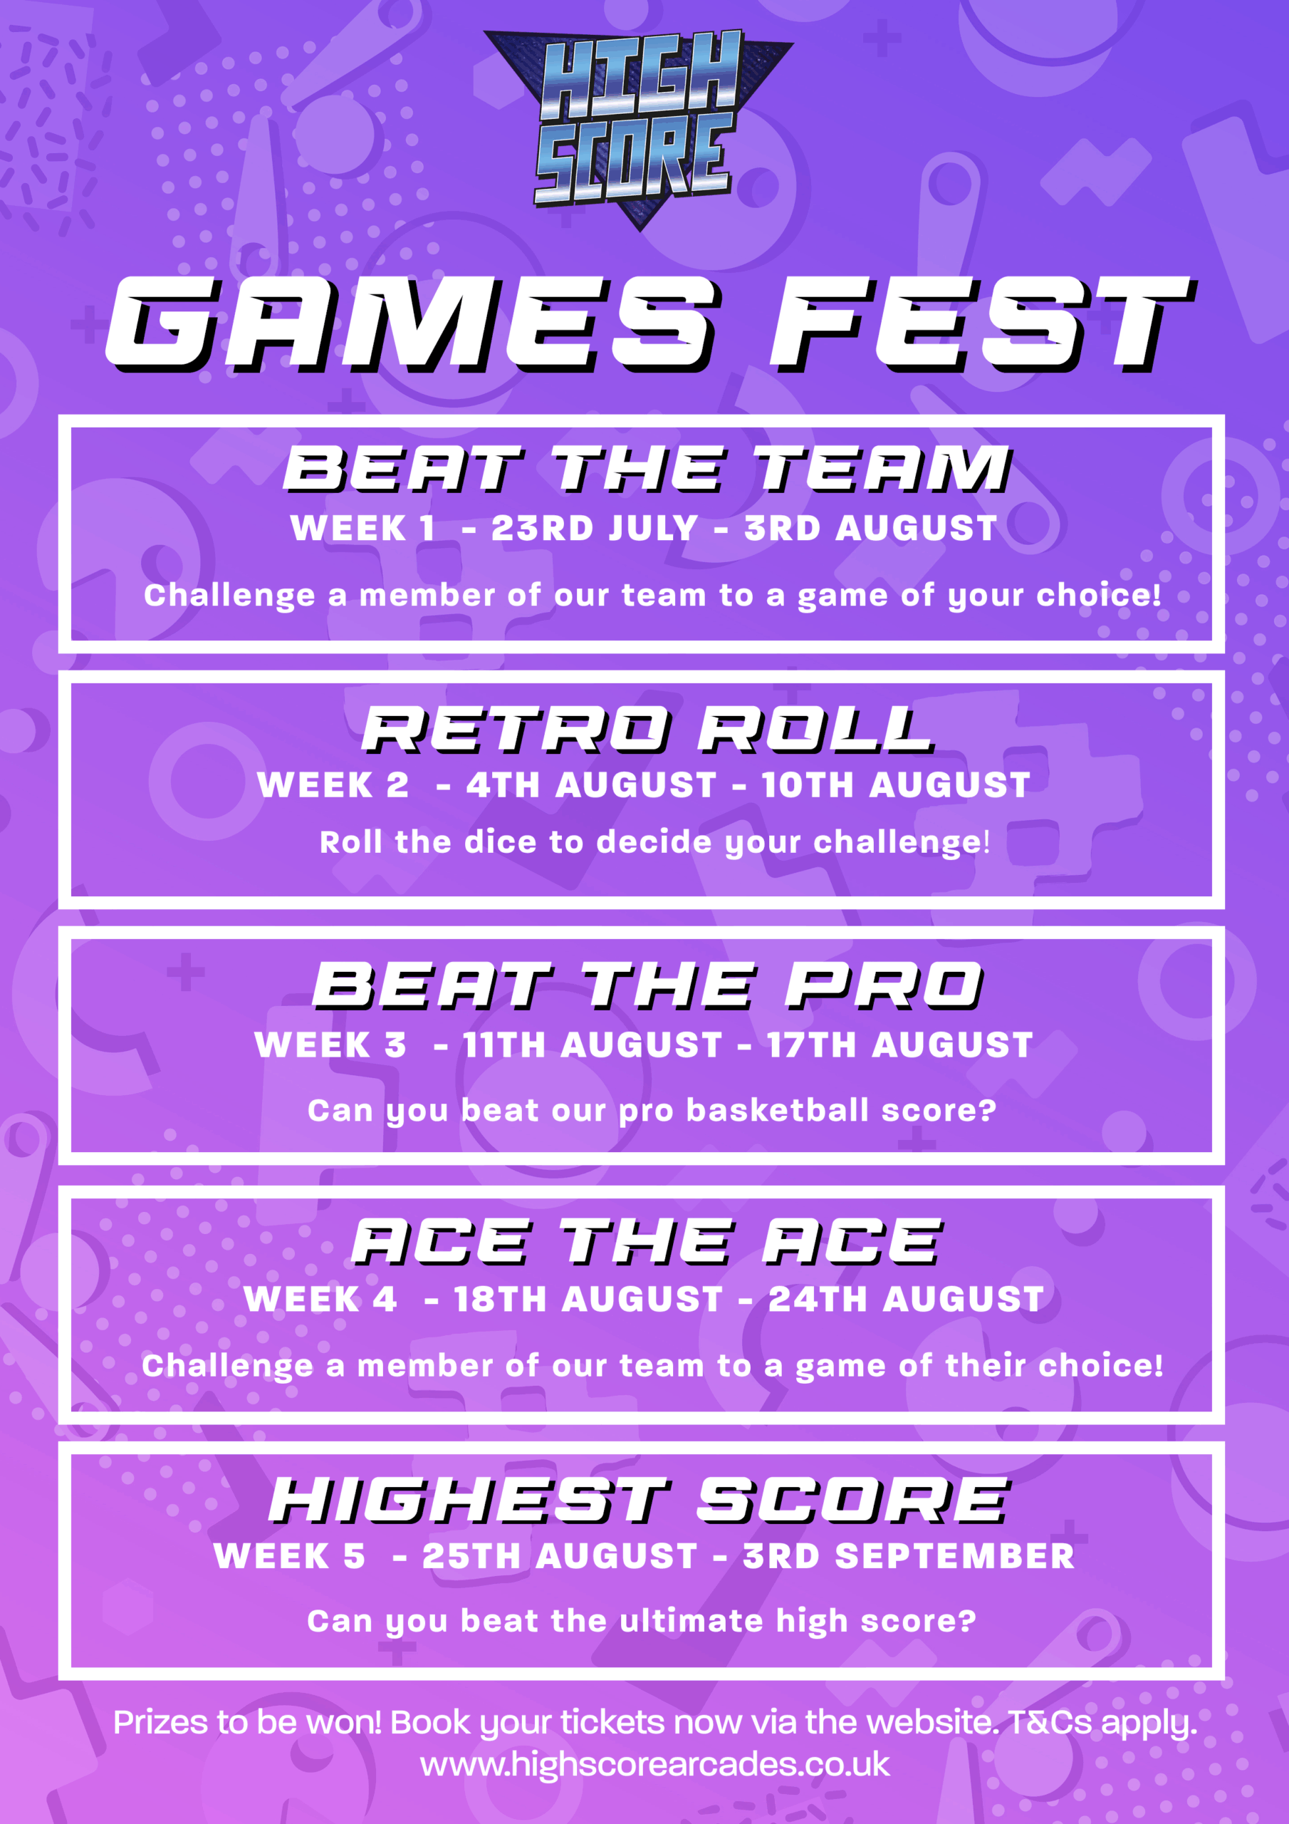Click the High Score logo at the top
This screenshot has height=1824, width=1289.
[x=638, y=127]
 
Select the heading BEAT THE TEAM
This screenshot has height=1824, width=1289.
[x=647, y=469]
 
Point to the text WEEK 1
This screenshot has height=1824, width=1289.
[x=363, y=528]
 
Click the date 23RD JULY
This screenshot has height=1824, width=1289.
[x=594, y=528]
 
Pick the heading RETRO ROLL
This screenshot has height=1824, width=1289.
[x=647, y=730]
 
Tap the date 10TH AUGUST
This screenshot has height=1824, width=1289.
[x=896, y=785]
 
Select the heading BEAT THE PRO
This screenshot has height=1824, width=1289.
[x=647, y=986]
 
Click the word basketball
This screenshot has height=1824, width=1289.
[x=778, y=1110]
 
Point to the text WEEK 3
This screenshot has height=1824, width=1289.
[x=330, y=1045]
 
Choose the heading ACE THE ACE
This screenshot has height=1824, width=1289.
[x=647, y=1242]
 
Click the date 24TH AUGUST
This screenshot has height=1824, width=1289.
[x=906, y=1300]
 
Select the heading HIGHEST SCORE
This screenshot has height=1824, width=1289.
[x=640, y=1501]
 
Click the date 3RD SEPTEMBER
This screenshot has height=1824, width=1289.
[x=909, y=1555]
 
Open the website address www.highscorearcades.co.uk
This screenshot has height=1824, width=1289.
[x=654, y=1764]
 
